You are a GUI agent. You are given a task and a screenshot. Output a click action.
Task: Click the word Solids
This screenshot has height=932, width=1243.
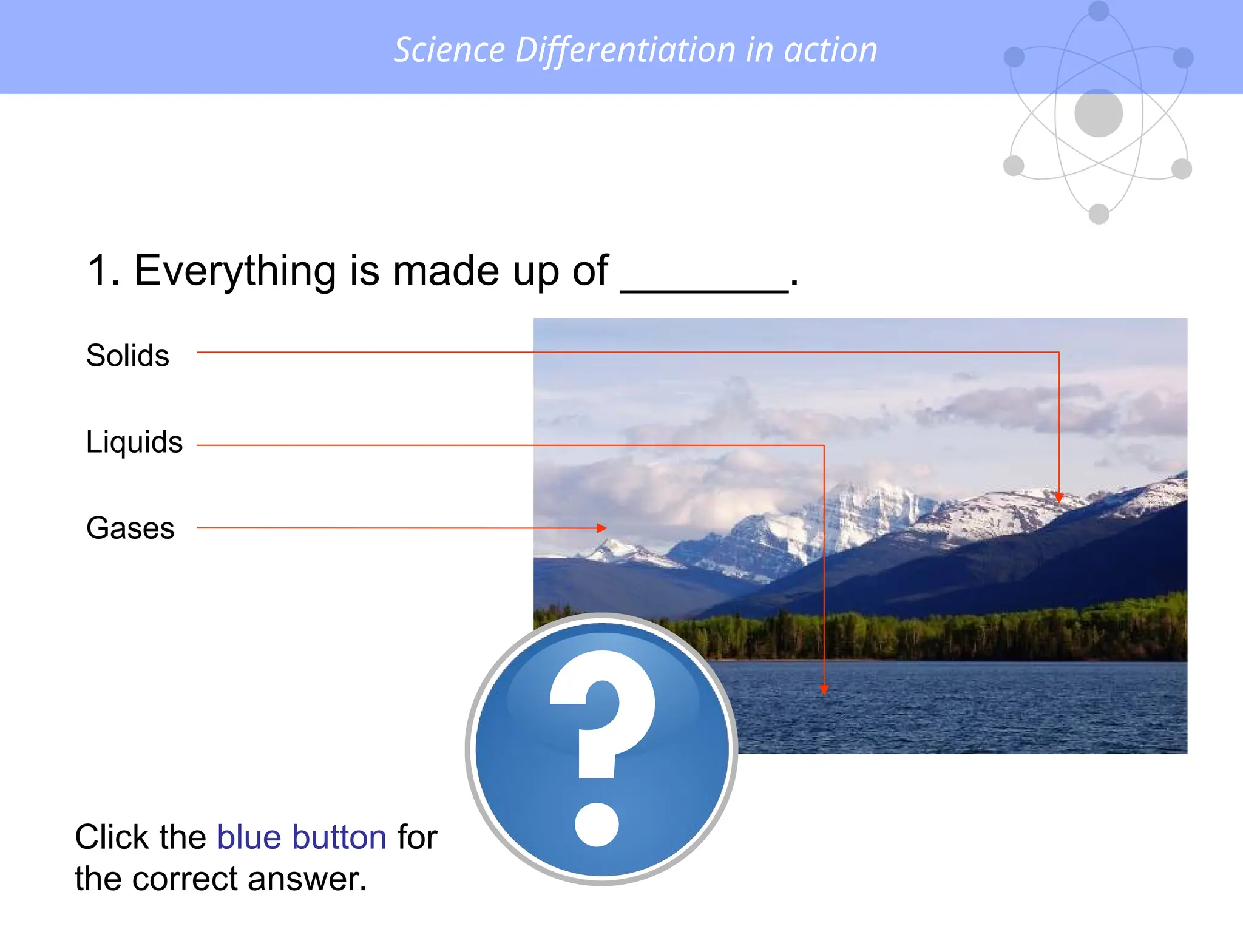(127, 356)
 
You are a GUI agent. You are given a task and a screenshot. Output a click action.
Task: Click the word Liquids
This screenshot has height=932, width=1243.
(134, 442)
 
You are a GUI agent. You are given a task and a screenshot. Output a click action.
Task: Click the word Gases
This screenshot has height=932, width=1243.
(130, 528)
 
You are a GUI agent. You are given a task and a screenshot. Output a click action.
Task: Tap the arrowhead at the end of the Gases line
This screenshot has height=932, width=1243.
(601, 528)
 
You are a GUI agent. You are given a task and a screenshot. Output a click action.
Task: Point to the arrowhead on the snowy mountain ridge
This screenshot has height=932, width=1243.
(1059, 498)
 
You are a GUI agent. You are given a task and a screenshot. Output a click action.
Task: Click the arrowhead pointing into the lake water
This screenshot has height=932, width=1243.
(824, 689)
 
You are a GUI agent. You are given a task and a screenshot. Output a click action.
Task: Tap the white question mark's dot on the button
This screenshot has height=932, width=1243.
(597, 824)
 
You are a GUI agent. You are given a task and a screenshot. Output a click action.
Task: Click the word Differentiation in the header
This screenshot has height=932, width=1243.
(625, 50)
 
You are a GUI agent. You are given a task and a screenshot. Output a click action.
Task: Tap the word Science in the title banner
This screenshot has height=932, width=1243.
(449, 50)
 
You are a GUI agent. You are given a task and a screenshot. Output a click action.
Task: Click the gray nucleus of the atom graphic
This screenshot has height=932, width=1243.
(1099, 113)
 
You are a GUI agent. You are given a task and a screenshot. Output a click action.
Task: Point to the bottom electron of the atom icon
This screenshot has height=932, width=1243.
(1099, 214)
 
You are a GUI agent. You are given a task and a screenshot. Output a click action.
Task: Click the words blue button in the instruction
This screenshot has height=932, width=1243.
(302, 837)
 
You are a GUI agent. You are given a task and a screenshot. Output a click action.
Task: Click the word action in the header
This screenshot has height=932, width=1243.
(831, 50)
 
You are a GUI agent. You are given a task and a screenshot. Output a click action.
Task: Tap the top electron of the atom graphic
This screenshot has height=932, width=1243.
(1099, 10)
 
